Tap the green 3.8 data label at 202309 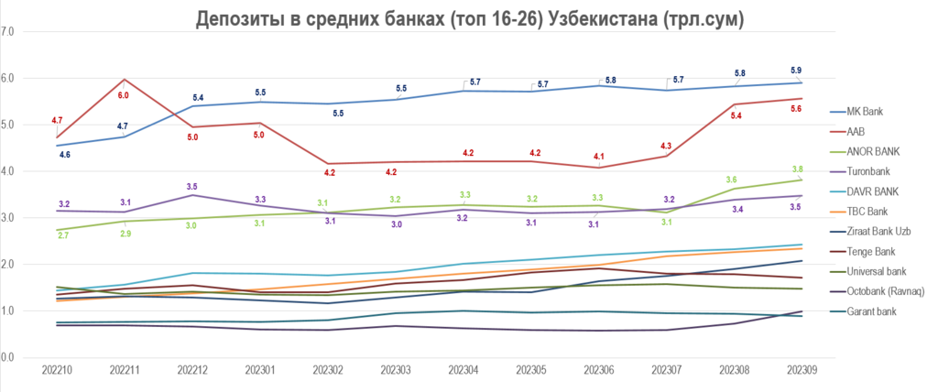click(797, 169)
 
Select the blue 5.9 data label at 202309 click(797, 70)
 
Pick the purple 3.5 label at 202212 click(191, 187)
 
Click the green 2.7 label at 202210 click(63, 236)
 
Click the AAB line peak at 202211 click(125, 80)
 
